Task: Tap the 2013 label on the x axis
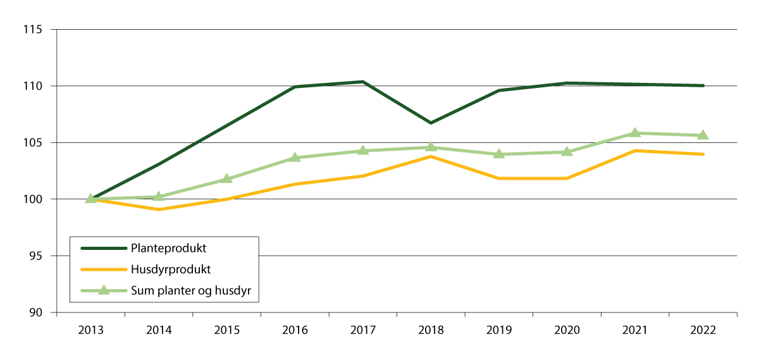click(x=91, y=330)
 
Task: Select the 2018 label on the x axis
click(x=431, y=330)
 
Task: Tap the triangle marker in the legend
click(x=103, y=290)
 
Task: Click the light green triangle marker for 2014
click(x=159, y=196)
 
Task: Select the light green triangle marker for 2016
click(x=295, y=157)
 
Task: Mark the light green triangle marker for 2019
click(x=498, y=154)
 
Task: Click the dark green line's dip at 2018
click(x=431, y=123)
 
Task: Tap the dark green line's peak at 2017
click(x=362, y=82)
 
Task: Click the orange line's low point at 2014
click(x=159, y=209)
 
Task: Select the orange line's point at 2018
click(x=431, y=156)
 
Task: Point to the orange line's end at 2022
click(x=703, y=154)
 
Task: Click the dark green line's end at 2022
click(x=703, y=85)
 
